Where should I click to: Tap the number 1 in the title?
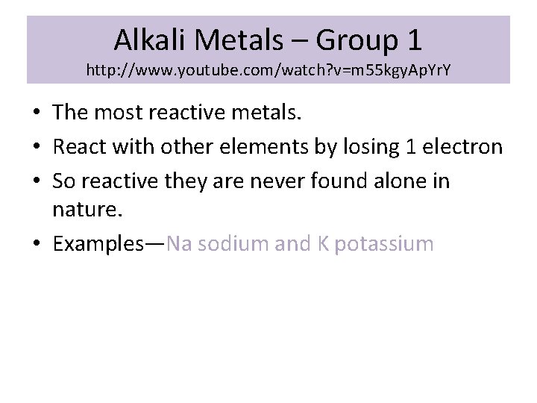tap(413, 39)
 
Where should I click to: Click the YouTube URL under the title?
tap(268, 71)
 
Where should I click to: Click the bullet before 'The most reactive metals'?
tap(37, 113)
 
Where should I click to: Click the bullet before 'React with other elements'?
tap(37, 148)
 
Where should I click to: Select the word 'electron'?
tap(462, 147)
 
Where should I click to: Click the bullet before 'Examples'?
tap(37, 244)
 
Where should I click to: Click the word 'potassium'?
tap(385, 243)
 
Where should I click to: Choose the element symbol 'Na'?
tap(179, 243)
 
